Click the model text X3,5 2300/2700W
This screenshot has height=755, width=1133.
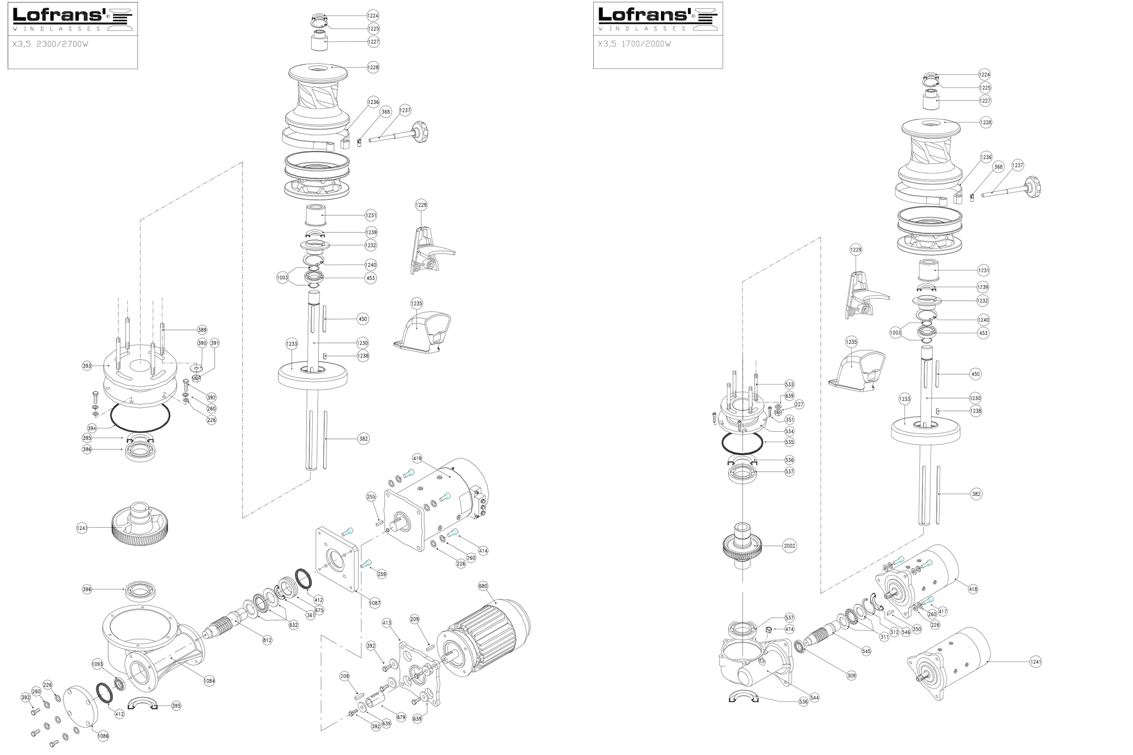pyautogui.click(x=50, y=44)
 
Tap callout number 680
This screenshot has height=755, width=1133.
pyautogui.click(x=483, y=586)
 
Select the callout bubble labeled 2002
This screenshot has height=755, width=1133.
pyautogui.click(x=789, y=545)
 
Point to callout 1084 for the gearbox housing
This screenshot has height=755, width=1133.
pyautogui.click(x=209, y=681)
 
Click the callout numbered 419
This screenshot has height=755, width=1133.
pyautogui.click(x=417, y=458)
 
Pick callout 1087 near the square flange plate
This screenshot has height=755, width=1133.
pyautogui.click(x=375, y=603)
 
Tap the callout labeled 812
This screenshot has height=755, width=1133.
pyautogui.click(x=267, y=640)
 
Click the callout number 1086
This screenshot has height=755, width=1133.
pyautogui.click(x=103, y=736)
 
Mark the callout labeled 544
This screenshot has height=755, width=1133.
pyautogui.click(x=814, y=697)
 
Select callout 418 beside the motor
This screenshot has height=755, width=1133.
pyautogui.click(x=973, y=589)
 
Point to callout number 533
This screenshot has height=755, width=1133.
pyautogui.click(x=789, y=384)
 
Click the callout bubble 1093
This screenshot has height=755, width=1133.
pyautogui.click(x=97, y=664)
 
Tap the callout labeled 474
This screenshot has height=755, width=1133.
pyautogui.click(x=789, y=629)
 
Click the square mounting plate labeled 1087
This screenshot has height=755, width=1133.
pyautogui.click(x=337, y=559)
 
